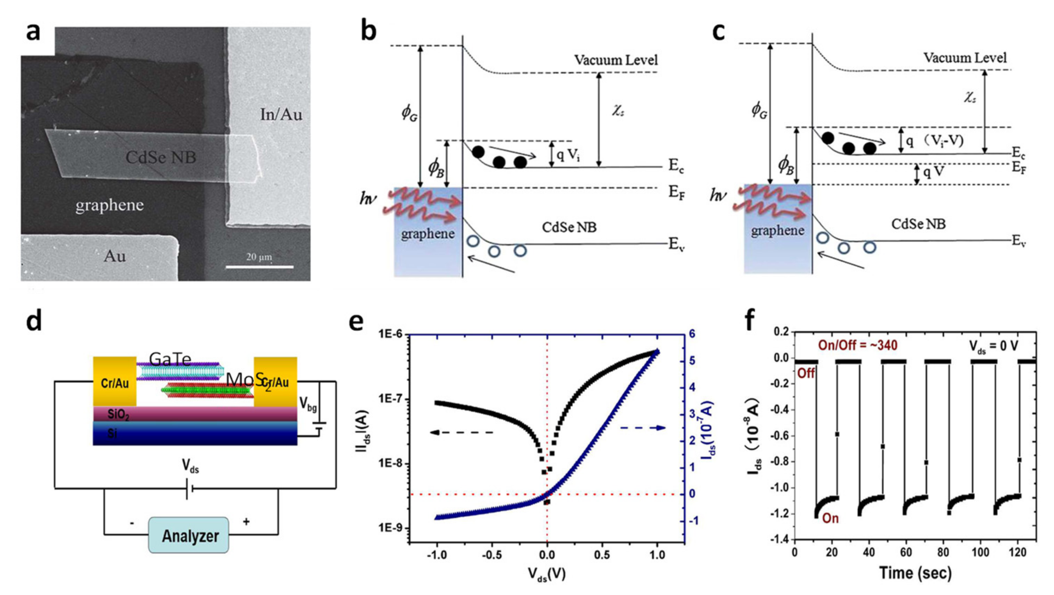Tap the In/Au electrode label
pyautogui.click(x=281, y=114)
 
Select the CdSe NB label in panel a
pyautogui.click(x=161, y=157)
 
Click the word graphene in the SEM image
pyautogui.click(x=109, y=205)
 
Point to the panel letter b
pyautogui.click(x=369, y=32)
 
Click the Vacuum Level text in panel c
pyautogui.click(x=965, y=58)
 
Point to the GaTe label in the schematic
pyautogui.click(x=170, y=359)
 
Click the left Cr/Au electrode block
pyautogui.click(x=115, y=383)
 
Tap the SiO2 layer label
pyautogui.click(x=118, y=415)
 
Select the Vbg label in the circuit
pyautogui.click(x=308, y=404)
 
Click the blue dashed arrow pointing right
pyautogui.click(x=643, y=428)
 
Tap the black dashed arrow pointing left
pyautogui.click(x=462, y=432)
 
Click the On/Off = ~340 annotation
pyautogui.click(x=858, y=346)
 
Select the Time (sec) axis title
pyautogui.click(x=915, y=573)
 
